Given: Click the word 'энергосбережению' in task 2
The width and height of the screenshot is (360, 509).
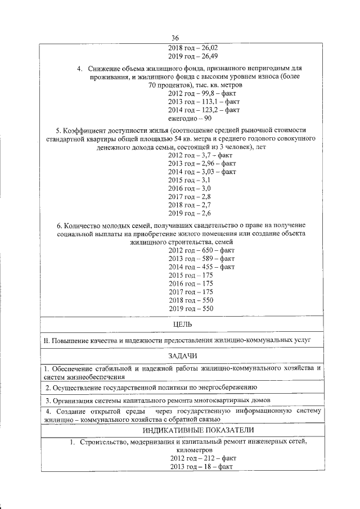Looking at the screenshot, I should click(x=228, y=388).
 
